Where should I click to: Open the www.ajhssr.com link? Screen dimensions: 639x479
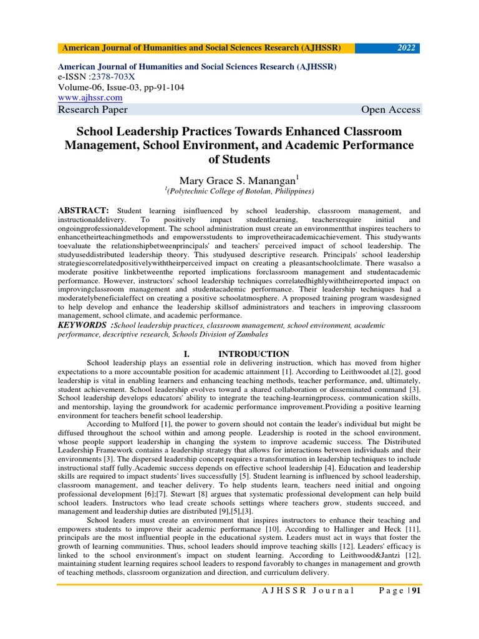(90, 98)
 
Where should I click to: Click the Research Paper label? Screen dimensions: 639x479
(92, 110)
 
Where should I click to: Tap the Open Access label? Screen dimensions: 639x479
(390, 110)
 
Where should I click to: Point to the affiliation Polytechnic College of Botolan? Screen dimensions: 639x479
(239, 191)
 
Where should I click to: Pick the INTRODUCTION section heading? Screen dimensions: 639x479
(253, 354)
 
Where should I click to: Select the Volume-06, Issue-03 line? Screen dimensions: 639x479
(120, 88)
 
